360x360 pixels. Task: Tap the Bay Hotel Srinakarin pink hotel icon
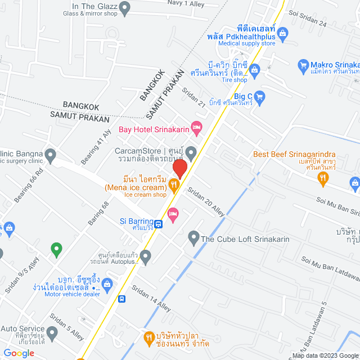[196, 129]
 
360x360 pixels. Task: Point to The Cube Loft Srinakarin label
[245, 238]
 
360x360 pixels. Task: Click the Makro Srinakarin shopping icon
[303, 65]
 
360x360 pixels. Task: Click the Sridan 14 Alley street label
[151, 298]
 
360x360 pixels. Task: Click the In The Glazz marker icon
[125, 8]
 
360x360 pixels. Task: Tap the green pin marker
[56, 247]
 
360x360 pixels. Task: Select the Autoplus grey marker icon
[146, 258]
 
